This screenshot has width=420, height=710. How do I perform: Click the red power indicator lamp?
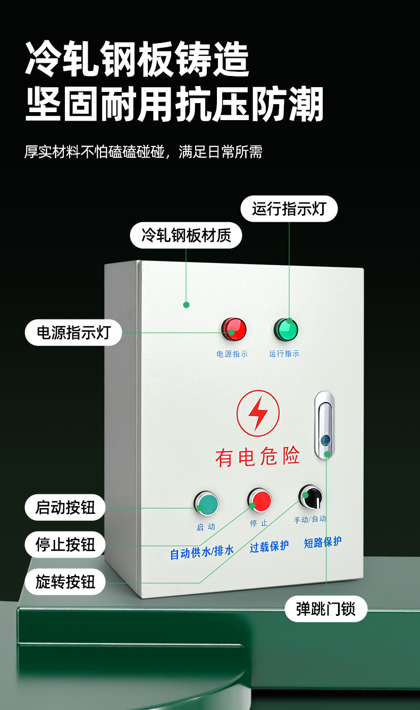point(234,329)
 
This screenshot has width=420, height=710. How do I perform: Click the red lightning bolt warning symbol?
point(258,413)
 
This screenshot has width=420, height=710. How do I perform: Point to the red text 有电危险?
point(258,456)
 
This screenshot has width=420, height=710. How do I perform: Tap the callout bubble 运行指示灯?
point(289,209)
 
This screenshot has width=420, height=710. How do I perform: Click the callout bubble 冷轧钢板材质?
point(186,235)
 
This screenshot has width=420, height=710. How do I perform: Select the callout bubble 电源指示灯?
point(73,333)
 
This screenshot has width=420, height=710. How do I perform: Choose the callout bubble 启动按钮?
point(65,508)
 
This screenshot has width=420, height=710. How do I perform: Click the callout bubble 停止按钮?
point(65,545)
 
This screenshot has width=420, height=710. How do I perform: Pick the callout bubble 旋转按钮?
point(65,582)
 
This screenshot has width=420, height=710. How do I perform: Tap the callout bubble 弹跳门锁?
point(325,608)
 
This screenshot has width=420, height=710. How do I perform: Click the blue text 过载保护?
point(270,546)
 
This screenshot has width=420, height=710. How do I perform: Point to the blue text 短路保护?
point(323,542)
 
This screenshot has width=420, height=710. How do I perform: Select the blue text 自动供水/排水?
point(202,552)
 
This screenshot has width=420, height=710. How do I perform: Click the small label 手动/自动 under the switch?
point(310,519)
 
